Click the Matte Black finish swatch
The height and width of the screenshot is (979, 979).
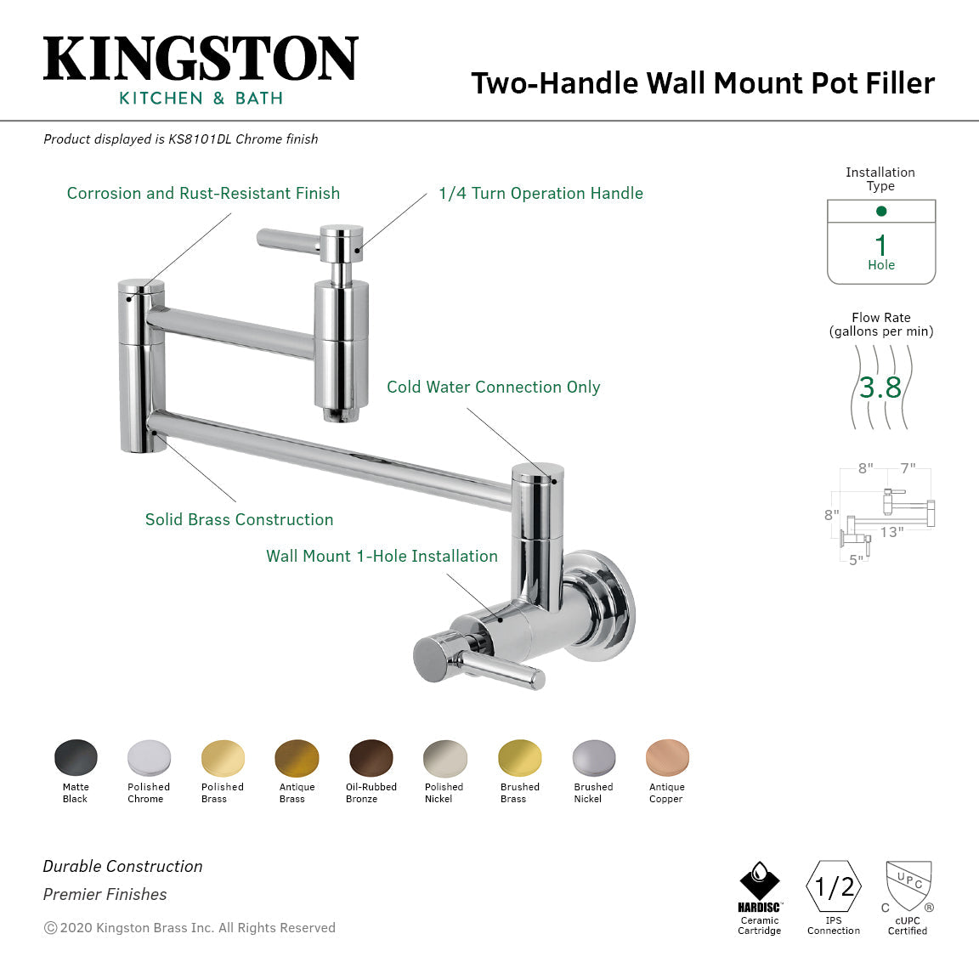pos(76,757)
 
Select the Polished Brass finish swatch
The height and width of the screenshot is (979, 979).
pos(223,757)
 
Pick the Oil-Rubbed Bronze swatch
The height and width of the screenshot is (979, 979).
pos(371,757)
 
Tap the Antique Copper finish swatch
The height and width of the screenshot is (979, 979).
pos(667,757)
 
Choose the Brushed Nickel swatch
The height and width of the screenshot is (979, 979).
pos(593,757)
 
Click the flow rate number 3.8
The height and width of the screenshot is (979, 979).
pos(880,388)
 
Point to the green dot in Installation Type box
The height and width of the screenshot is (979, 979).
pos(881,211)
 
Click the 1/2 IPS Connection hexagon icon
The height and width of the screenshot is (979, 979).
pos(834,887)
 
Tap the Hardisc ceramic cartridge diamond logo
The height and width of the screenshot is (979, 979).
pos(759,880)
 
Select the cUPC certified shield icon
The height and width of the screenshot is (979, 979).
pos(908,886)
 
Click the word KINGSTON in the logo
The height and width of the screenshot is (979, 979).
pos(201,59)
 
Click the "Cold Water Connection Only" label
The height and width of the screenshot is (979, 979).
pos(493,388)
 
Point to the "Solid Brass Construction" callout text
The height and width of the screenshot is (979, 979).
pos(239,520)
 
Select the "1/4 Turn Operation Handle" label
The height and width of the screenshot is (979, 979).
pos(540,194)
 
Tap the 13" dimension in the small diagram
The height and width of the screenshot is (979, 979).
pos(891,532)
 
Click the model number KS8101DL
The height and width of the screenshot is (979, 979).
pos(200,139)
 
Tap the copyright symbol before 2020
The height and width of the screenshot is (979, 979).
pos(50,928)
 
